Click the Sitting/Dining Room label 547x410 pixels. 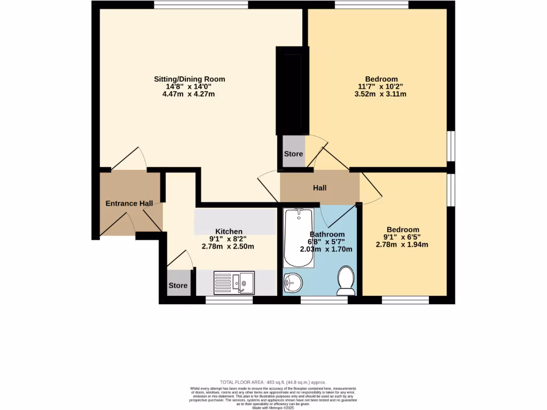click(189, 79)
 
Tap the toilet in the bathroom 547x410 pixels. click(346, 280)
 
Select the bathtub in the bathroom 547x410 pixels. click(298, 238)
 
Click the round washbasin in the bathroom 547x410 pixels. click(292, 282)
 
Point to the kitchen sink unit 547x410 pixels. click(235, 282)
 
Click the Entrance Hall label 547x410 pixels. click(129, 203)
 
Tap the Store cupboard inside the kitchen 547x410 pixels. click(178, 286)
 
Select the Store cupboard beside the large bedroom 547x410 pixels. click(293, 154)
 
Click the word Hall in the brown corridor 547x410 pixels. click(319, 188)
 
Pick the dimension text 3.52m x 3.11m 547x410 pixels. click(380, 94)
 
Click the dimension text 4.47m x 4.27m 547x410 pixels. click(189, 94)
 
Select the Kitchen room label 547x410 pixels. click(229, 231)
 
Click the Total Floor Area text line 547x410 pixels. click(273, 382)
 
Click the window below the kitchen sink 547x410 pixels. click(229, 301)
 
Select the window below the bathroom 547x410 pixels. click(324, 301)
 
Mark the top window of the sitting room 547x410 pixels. click(201, 5)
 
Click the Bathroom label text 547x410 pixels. click(327, 234)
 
